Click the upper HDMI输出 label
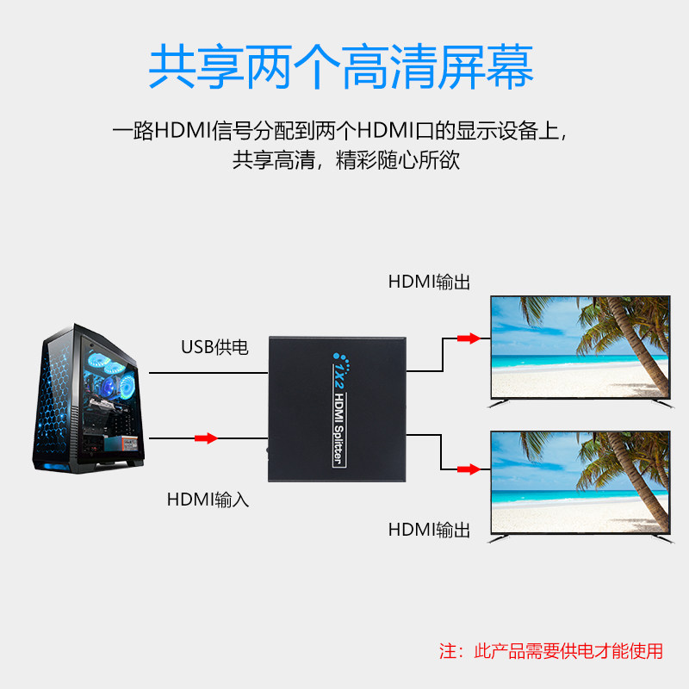point(429,282)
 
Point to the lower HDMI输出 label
point(429,530)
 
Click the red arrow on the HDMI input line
point(206,438)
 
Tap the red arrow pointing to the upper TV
point(468,338)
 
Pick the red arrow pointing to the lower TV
point(468,469)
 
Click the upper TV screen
point(580,349)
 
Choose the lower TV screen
point(580,483)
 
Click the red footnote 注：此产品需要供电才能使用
point(551,651)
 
